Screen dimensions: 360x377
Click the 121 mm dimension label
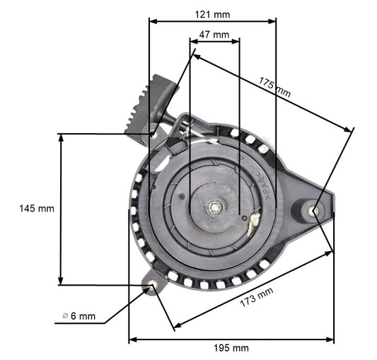213,13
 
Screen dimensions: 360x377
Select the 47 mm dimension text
214,34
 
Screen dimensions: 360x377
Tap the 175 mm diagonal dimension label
274,86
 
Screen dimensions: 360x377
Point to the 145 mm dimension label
37,209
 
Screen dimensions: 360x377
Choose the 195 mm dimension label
231,347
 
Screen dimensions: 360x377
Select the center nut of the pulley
214,208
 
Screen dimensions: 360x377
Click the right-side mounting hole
315,209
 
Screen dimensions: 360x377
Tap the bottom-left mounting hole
153,286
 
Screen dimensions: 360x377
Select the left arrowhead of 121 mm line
152,21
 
